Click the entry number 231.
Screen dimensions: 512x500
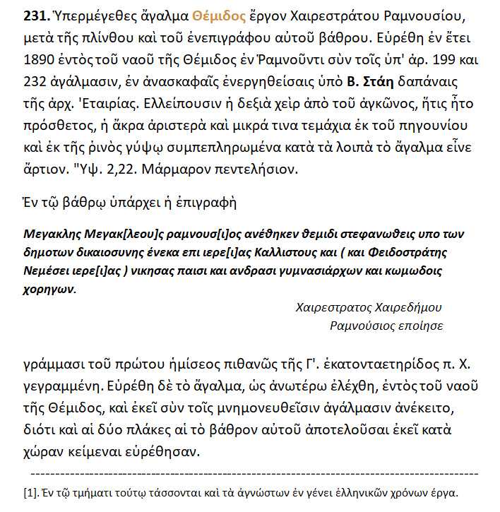coord(35,16)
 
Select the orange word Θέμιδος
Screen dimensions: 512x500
coord(205,16)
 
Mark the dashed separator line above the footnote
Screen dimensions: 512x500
coord(254,474)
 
